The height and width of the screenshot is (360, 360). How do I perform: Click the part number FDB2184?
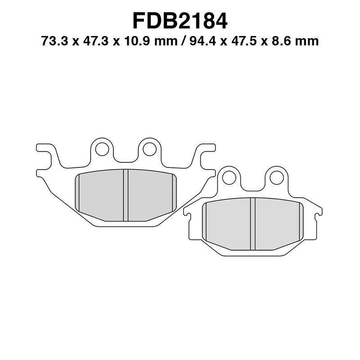180,20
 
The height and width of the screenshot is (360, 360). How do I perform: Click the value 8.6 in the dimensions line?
282,42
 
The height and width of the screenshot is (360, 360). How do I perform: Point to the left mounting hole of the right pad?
229,178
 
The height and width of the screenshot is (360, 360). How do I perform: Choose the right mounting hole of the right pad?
276,178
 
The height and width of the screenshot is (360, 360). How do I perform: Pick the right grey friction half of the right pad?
277,224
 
